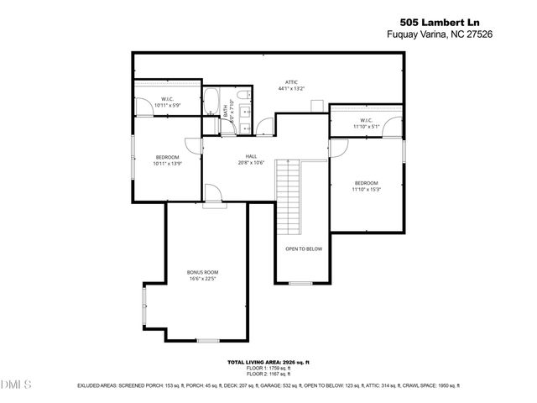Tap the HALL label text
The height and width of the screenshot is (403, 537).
(251, 156)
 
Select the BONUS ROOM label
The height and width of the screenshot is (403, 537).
(202, 273)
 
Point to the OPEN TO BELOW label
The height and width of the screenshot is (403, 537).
(304, 249)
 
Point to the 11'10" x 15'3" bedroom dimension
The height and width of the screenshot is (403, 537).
(366, 190)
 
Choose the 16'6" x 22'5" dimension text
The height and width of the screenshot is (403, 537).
(202, 280)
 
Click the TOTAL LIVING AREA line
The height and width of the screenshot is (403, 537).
(268, 362)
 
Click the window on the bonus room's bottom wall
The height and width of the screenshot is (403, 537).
(207, 341)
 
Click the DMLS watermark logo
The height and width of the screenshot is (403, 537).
(16, 385)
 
